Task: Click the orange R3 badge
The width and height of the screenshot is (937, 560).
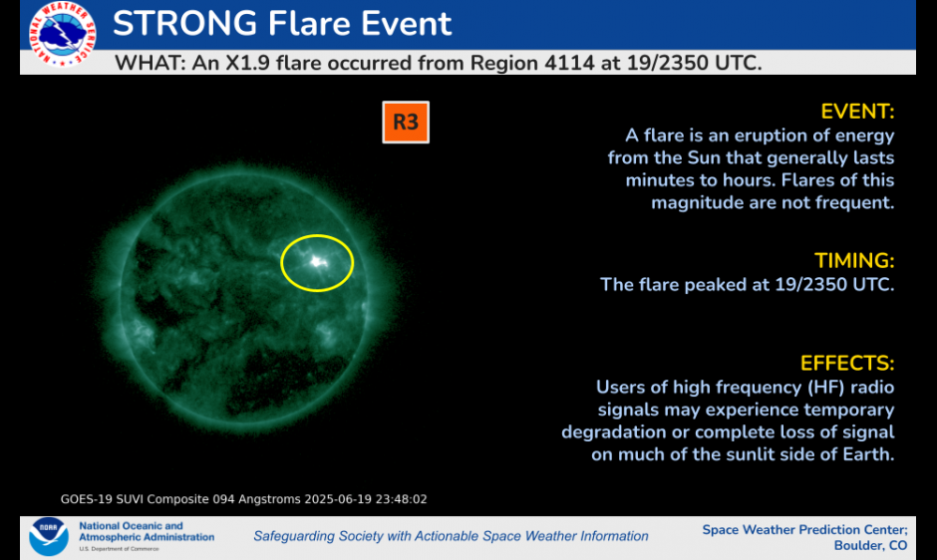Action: click(406, 122)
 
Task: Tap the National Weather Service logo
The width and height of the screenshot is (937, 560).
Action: click(62, 34)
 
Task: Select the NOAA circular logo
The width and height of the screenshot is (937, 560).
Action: click(49, 536)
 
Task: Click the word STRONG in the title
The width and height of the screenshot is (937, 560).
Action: click(184, 24)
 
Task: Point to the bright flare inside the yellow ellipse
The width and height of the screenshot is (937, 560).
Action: click(316, 261)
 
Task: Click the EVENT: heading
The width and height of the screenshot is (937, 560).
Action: click(857, 112)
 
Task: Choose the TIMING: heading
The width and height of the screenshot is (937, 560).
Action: click(854, 261)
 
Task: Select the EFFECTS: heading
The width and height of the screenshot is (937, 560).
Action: click(846, 364)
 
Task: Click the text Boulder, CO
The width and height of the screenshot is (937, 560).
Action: click(870, 546)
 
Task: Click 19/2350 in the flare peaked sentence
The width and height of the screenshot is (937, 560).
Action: click(811, 284)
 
